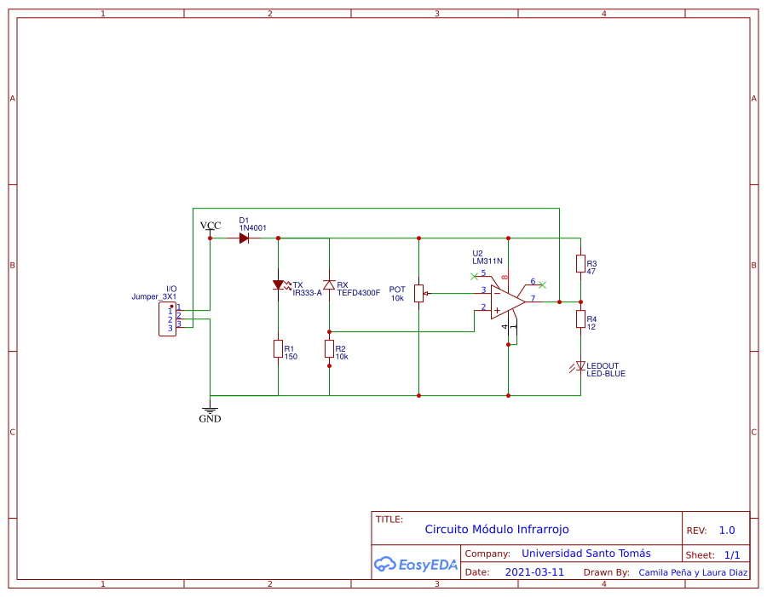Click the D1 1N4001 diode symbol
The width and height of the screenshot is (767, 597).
[x=244, y=238]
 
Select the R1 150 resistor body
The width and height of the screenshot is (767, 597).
[x=278, y=348]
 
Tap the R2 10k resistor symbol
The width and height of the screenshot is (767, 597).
[x=329, y=348]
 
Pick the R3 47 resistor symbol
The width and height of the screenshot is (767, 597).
[x=580, y=264]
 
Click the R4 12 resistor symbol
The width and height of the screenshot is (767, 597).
[x=580, y=319]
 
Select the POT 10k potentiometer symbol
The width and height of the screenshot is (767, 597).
[x=418, y=293]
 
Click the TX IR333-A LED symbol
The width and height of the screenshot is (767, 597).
[x=278, y=285]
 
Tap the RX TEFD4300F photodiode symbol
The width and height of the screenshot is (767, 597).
[x=329, y=284]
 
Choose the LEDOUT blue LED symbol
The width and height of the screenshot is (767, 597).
[x=580, y=366]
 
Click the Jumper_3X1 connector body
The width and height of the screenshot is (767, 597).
[x=167, y=319]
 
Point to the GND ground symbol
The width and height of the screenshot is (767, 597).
[x=210, y=412]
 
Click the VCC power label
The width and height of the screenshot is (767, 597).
[x=210, y=226]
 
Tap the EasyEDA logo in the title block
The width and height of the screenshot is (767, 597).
[x=416, y=564]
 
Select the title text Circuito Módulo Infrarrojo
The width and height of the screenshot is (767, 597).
[x=496, y=529]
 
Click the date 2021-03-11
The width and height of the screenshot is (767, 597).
[x=534, y=572]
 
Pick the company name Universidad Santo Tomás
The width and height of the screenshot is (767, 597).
[x=585, y=553]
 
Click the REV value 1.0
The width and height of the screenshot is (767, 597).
[x=726, y=530]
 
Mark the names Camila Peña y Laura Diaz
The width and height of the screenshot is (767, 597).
[x=693, y=572]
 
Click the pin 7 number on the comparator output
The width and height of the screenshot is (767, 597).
[x=533, y=298]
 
